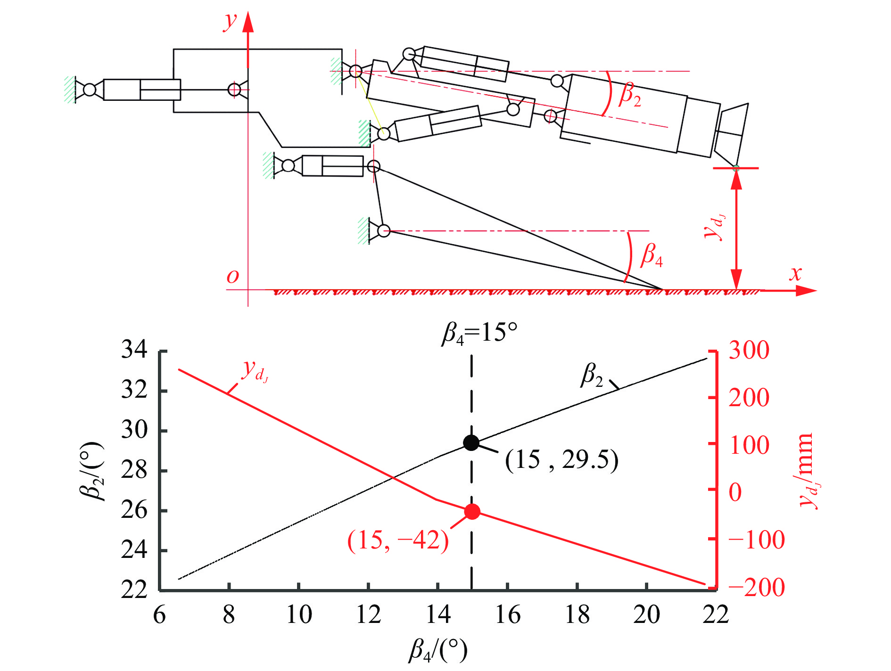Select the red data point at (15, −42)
(x=472, y=512)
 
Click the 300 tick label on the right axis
(x=749, y=350)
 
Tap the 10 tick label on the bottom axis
(x=299, y=615)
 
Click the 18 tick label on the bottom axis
(x=577, y=615)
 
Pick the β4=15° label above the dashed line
(x=479, y=334)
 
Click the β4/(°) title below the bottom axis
(x=438, y=651)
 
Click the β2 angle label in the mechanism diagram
(x=630, y=94)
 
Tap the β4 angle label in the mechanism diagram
(x=652, y=255)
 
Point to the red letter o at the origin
(x=233, y=276)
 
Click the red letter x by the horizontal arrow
(x=796, y=273)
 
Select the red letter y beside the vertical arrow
(x=231, y=21)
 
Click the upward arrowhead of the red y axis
(x=248, y=22)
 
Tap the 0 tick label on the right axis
(x=735, y=492)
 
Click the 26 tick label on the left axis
(x=134, y=511)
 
